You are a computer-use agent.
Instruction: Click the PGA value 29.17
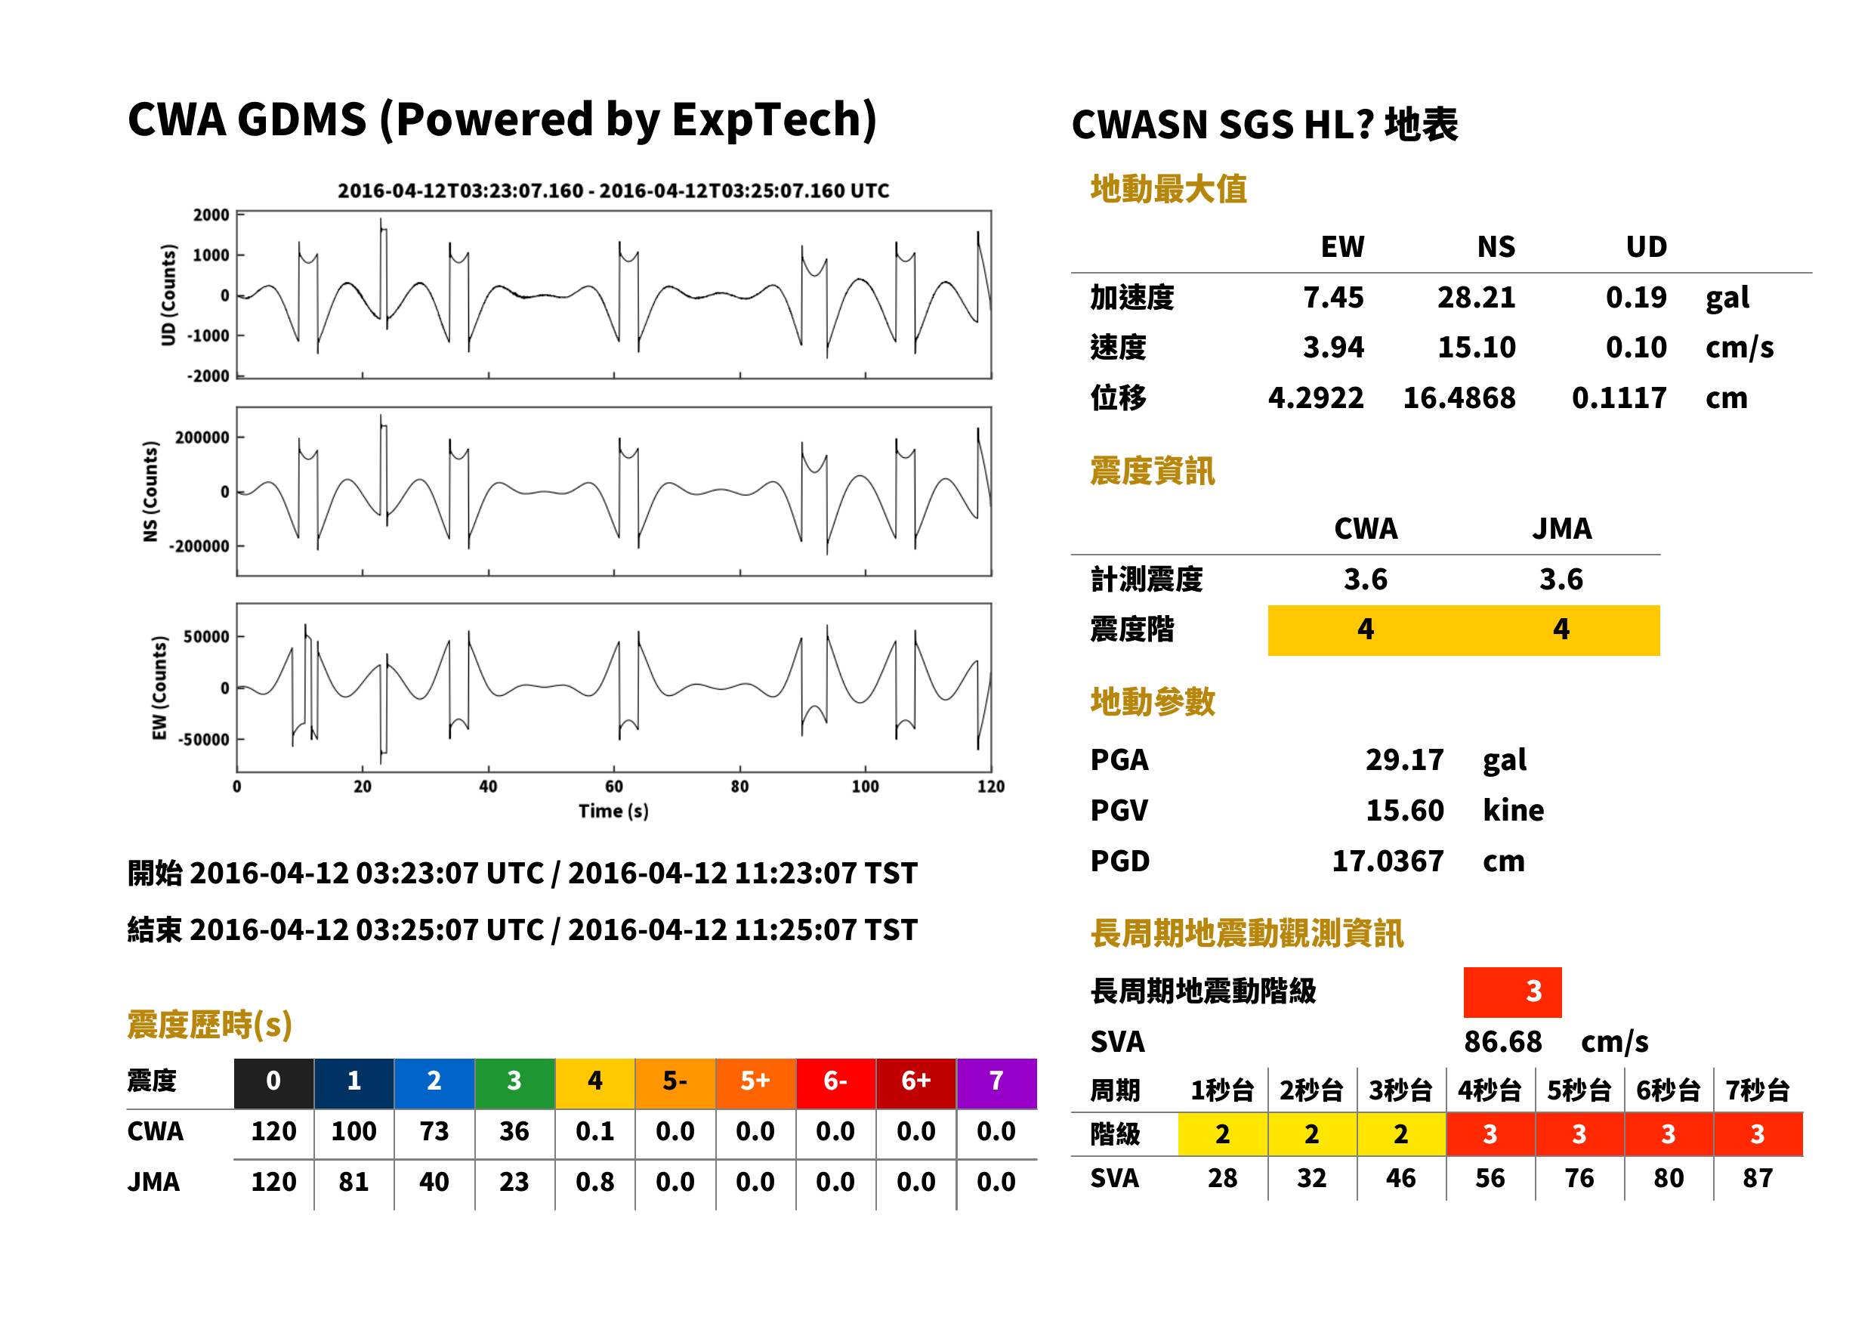1403,759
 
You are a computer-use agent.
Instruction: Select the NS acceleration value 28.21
1476,297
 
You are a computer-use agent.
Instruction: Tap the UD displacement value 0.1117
1619,397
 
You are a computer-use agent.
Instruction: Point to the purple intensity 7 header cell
996,1081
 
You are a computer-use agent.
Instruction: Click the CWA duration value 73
434,1131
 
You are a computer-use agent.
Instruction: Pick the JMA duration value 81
353,1182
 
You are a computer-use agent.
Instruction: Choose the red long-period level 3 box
1512,992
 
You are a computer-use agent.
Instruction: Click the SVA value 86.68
1502,1041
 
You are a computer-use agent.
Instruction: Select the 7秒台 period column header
1757,1090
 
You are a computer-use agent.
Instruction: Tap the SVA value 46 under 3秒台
1400,1178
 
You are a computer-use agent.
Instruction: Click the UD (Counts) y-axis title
168,295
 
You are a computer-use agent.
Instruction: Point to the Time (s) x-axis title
613,812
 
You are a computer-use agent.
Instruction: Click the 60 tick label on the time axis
614,787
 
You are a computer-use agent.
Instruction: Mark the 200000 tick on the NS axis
202,437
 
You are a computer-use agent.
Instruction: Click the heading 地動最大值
1169,189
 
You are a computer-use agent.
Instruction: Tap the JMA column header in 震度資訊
1562,528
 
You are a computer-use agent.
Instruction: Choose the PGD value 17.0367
1388,861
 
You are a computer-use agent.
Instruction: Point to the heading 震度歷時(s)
209,1025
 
